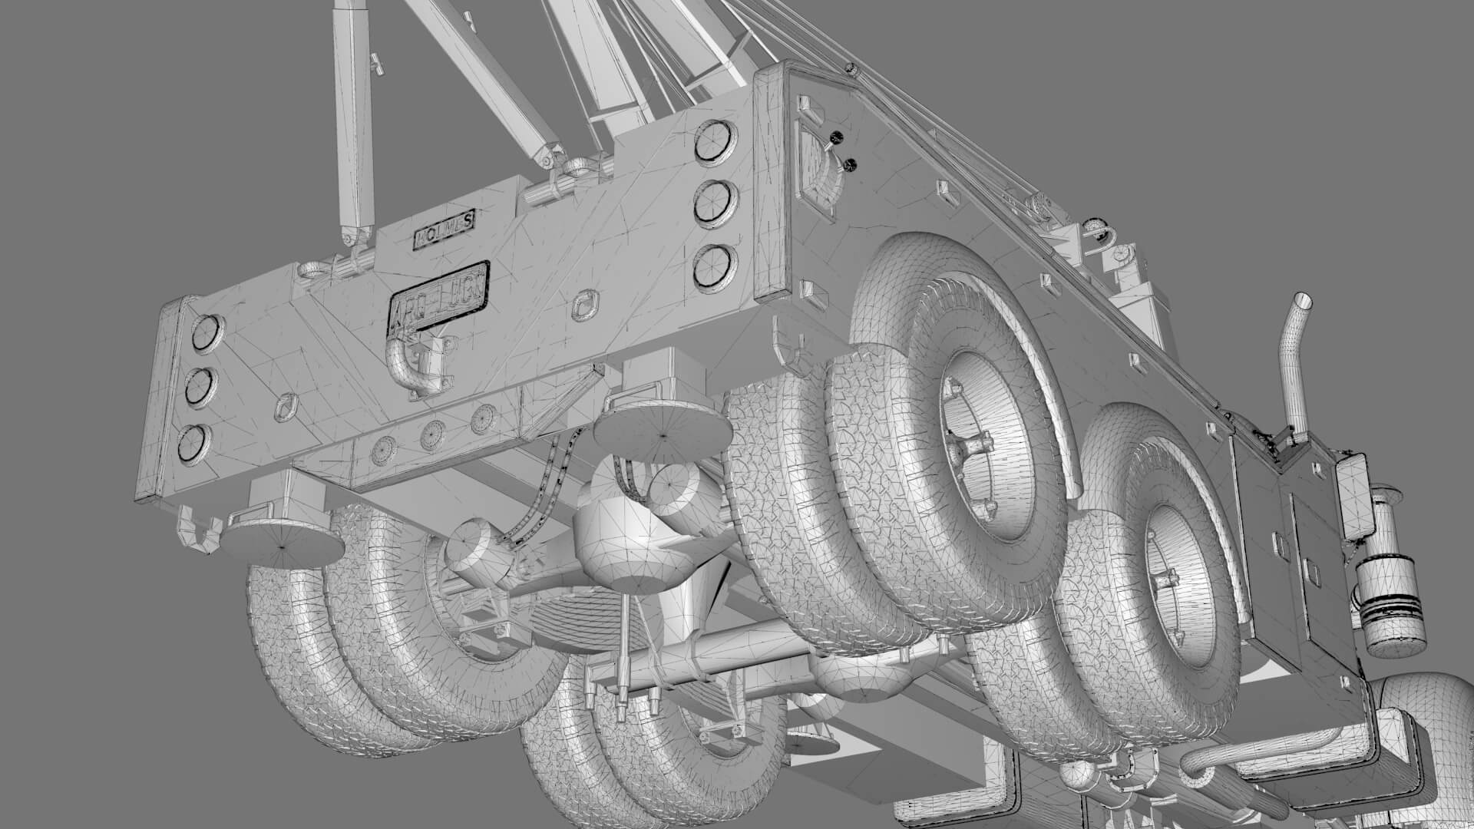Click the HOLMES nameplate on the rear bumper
pyautogui.click(x=445, y=230)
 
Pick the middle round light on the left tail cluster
pyautogui.click(x=199, y=386)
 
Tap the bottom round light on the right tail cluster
pyautogui.click(x=712, y=265)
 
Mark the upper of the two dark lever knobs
pyautogui.click(x=835, y=139)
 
